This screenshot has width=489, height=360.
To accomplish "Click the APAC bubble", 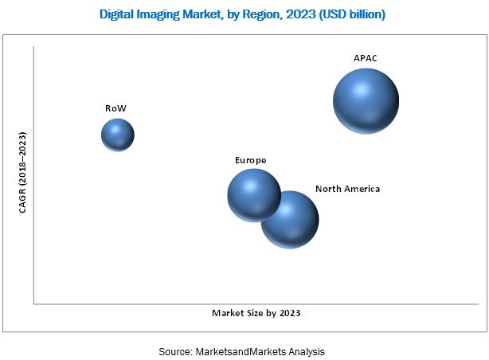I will pyautogui.click(x=366, y=101).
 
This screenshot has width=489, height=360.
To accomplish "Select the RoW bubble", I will pyautogui.click(x=117, y=135).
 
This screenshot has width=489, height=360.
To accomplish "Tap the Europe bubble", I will pyautogui.click(x=253, y=194).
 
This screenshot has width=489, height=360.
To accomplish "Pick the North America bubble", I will pyautogui.click(x=291, y=220).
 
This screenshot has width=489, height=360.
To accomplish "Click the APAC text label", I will pyautogui.click(x=366, y=58).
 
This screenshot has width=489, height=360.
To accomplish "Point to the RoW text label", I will pyautogui.click(x=115, y=108).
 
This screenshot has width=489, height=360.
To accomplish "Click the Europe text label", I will pyautogui.click(x=250, y=160).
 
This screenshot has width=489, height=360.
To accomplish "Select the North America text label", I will pyautogui.click(x=347, y=189).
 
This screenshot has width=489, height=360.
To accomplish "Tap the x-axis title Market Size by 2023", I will pyautogui.click(x=256, y=313).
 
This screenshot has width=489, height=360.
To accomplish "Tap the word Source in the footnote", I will pyautogui.click(x=174, y=351).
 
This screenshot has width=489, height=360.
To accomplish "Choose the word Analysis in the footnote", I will pyautogui.click(x=307, y=351).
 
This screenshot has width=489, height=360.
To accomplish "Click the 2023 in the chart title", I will pyautogui.click(x=299, y=14).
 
